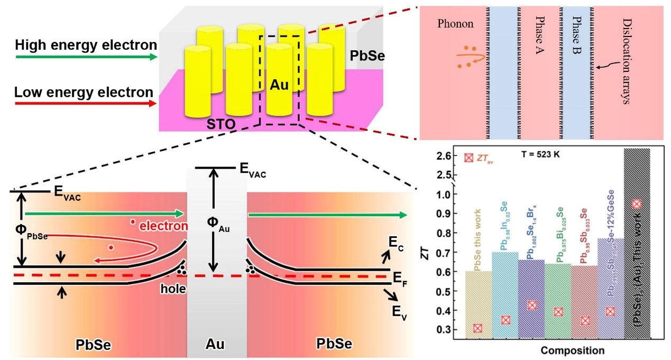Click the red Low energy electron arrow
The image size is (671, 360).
point(85,105)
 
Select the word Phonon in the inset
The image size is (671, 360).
point(455,24)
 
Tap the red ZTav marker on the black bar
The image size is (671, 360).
point(637,204)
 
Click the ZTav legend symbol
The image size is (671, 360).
point(468,158)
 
